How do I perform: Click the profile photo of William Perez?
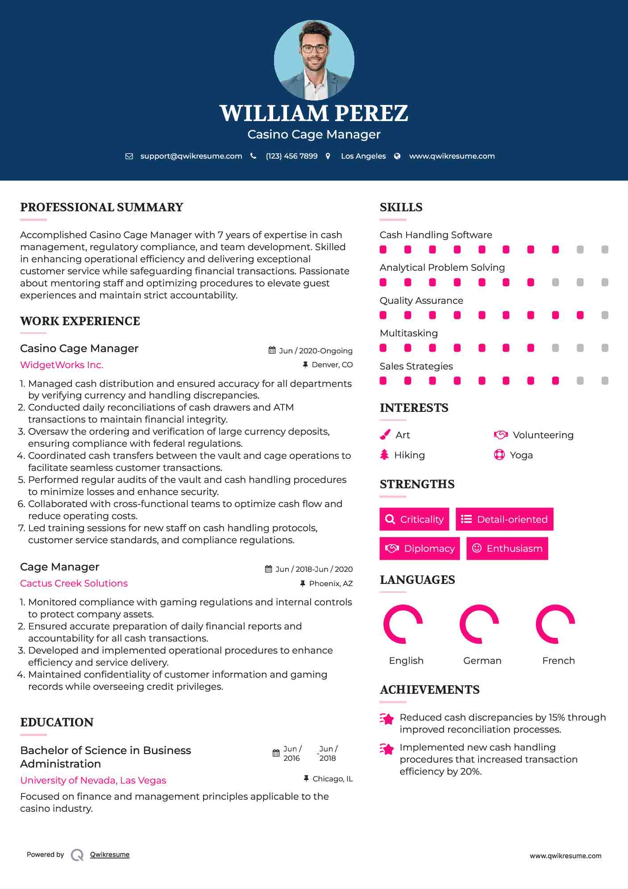tap(314, 60)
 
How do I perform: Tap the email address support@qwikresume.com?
tap(191, 156)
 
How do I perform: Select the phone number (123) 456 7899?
tap(291, 156)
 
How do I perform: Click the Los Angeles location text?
tap(363, 156)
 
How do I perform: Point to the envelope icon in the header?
tap(129, 156)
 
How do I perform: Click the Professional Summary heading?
tap(102, 207)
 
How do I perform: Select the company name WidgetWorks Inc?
tap(62, 365)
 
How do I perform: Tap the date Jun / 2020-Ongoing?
tap(316, 351)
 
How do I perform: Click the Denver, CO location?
tap(332, 365)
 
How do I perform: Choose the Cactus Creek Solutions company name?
tap(74, 583)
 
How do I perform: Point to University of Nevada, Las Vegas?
tap(93, 780)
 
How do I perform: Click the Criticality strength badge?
tap(414, 519)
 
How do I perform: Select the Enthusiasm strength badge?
tap(507, 549)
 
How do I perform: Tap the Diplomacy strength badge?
tap(420, 549)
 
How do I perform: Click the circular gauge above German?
tap(479, 624)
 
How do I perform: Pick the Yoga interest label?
tap(521, 455)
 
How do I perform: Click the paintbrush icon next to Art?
tap(385, 435)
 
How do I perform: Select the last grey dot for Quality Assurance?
tap(605, 315)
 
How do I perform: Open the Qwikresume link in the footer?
tap(110, 855)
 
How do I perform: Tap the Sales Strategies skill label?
tap(416, 366)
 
